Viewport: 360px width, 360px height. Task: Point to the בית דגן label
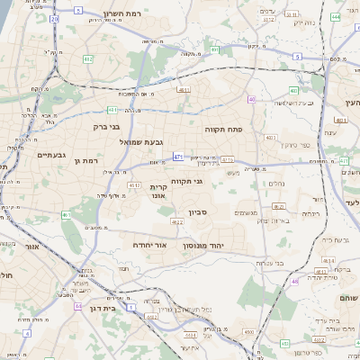pos(105,308)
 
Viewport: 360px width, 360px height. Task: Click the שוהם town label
pos(348,298)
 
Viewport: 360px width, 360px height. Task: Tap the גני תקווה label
pos(188,181)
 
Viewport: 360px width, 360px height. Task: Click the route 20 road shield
pos(54,18)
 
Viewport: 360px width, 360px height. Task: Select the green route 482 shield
pos(88,59)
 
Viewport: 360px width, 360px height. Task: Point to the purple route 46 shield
pos(294,282)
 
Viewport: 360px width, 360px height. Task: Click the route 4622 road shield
pos(177,221)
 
